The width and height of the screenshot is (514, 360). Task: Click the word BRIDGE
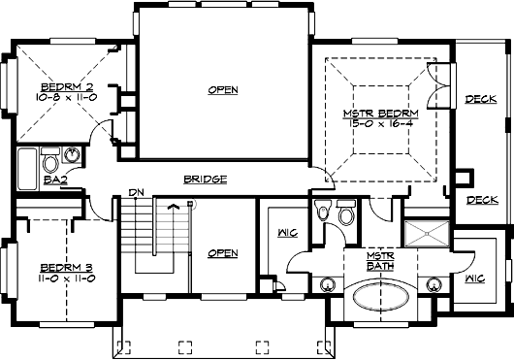click(x=205, y=180)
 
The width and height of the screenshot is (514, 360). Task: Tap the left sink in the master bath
click(x=328, y=285)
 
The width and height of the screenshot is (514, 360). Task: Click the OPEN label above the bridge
click(x=223, y=90)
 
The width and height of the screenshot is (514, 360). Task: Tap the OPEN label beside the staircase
click(x=222, y=253)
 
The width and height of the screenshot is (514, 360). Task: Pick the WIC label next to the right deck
click(x=474, y=279)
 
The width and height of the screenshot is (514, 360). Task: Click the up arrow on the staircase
click(x=174, y=206)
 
